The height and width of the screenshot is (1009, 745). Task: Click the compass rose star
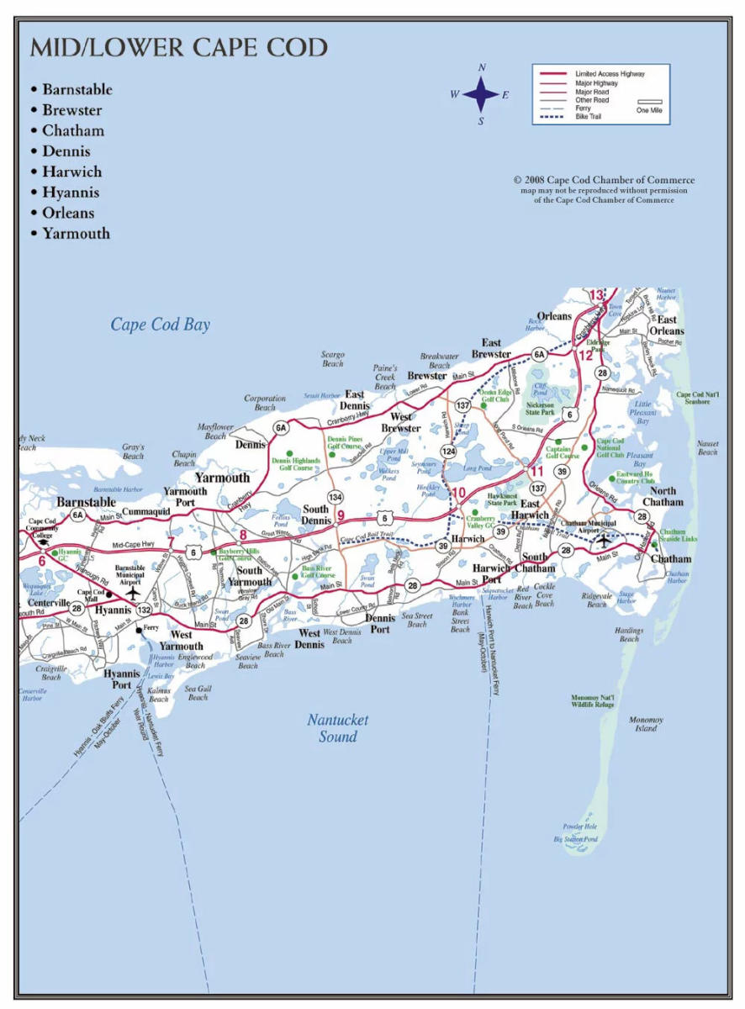[x=481, y=94]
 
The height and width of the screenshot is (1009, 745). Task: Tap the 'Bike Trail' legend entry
[x=588, y=117]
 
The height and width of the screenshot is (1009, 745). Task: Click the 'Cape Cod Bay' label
[x=161, y=325]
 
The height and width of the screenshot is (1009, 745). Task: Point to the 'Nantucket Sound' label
[x=337, y=728]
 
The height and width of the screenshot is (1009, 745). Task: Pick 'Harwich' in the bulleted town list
[x=72, y=172]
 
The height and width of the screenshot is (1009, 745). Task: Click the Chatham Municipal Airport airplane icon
[x=604, y=540]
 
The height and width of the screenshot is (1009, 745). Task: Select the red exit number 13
[x=596, y=295]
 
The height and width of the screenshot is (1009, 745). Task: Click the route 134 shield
[x=336, y=497]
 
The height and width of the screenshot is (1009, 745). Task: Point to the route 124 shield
[x=450, y=452]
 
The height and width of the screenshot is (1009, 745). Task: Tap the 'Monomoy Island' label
[x=646, y=724]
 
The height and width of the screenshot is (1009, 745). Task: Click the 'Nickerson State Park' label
[x=540, y=409]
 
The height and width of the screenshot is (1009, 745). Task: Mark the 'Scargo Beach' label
[x=333, y=359]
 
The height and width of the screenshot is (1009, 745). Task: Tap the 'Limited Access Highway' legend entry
[x=610, y=74]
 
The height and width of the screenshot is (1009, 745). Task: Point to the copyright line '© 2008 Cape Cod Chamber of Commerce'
[x=604, y=180]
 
